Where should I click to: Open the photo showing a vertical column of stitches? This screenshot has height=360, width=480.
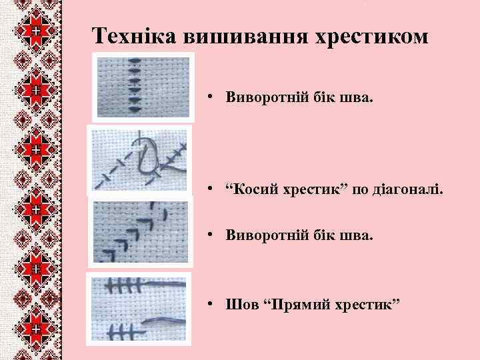coord(143,86)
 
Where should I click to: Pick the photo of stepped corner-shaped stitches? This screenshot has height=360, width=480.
coord(140,231)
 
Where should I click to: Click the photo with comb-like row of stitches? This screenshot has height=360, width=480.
coord(139,307)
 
